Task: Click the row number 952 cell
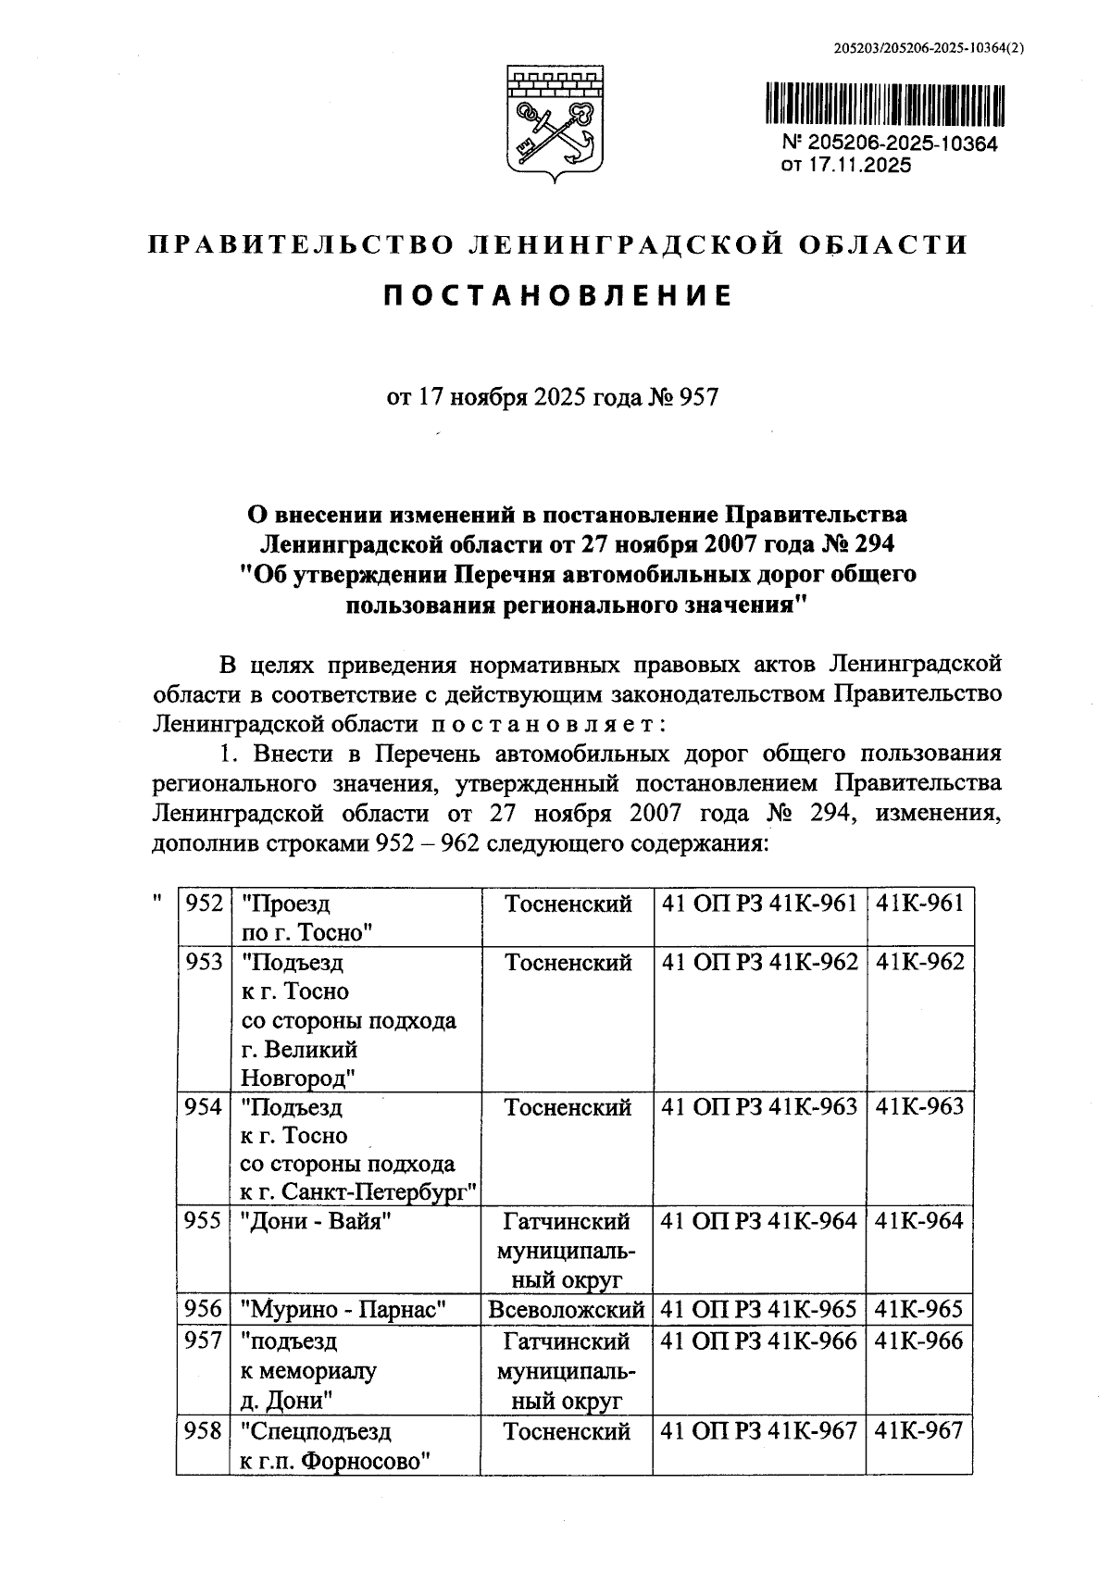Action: [204, 904]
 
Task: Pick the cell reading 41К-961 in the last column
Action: [919, 904]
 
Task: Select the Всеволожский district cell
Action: [567, 1309]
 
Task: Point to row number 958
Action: [204, 1431]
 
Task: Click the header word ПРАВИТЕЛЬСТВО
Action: [300, 245]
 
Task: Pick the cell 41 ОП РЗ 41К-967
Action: [759, 1431]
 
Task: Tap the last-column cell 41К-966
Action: [919, 1340]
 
